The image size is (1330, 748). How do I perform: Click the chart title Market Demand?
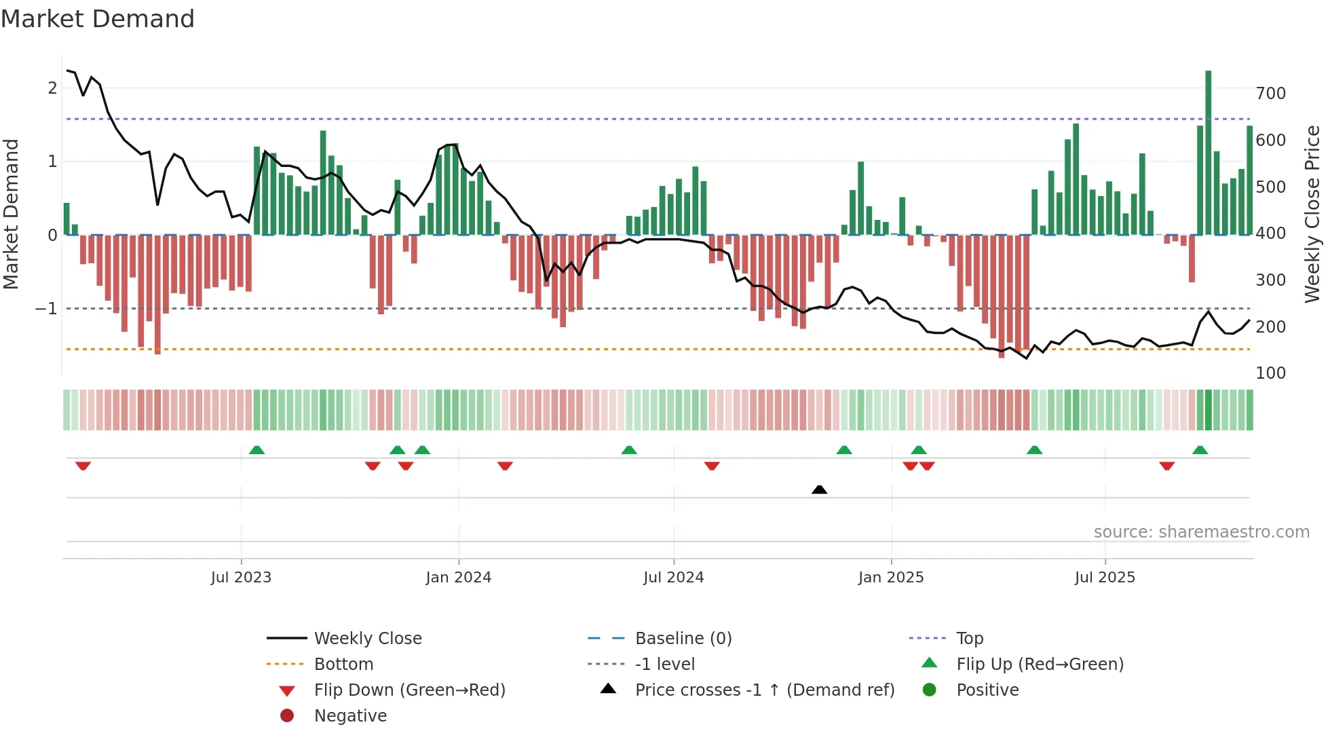pos(98,18)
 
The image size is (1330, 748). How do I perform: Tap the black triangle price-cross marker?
pos(819,489)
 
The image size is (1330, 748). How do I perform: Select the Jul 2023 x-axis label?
pos(241,577)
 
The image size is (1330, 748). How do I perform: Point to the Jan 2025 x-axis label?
pos(890,577)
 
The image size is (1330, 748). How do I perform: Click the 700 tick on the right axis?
pos(1270,94)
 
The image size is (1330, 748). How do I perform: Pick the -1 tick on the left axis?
pos(47,309)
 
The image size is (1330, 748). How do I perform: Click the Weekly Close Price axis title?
pos(1312,214)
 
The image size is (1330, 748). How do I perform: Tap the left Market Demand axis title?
pos(12,214)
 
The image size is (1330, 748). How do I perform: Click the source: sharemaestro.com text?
pos(1201,532)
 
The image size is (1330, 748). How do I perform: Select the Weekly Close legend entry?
pos(367,638)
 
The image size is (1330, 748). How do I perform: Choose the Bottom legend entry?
pos(343,664)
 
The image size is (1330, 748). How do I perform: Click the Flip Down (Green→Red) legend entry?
pos(409,690)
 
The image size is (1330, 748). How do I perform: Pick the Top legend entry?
pos(970,638)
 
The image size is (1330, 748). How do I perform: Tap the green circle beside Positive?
pos(930,690)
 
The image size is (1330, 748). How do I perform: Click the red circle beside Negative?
pos(287,715)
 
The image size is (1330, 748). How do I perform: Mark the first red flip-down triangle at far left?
pos(83,466)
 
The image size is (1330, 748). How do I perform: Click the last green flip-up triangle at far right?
pos(1200,450)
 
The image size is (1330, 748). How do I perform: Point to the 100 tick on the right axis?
pos(1270,373)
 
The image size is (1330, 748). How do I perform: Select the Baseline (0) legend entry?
pos(683,638)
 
